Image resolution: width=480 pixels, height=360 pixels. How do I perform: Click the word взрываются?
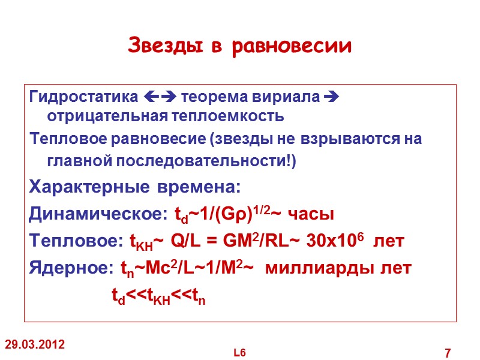(x=329, y=139)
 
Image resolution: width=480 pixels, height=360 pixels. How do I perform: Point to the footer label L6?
(x=240, y=352)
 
